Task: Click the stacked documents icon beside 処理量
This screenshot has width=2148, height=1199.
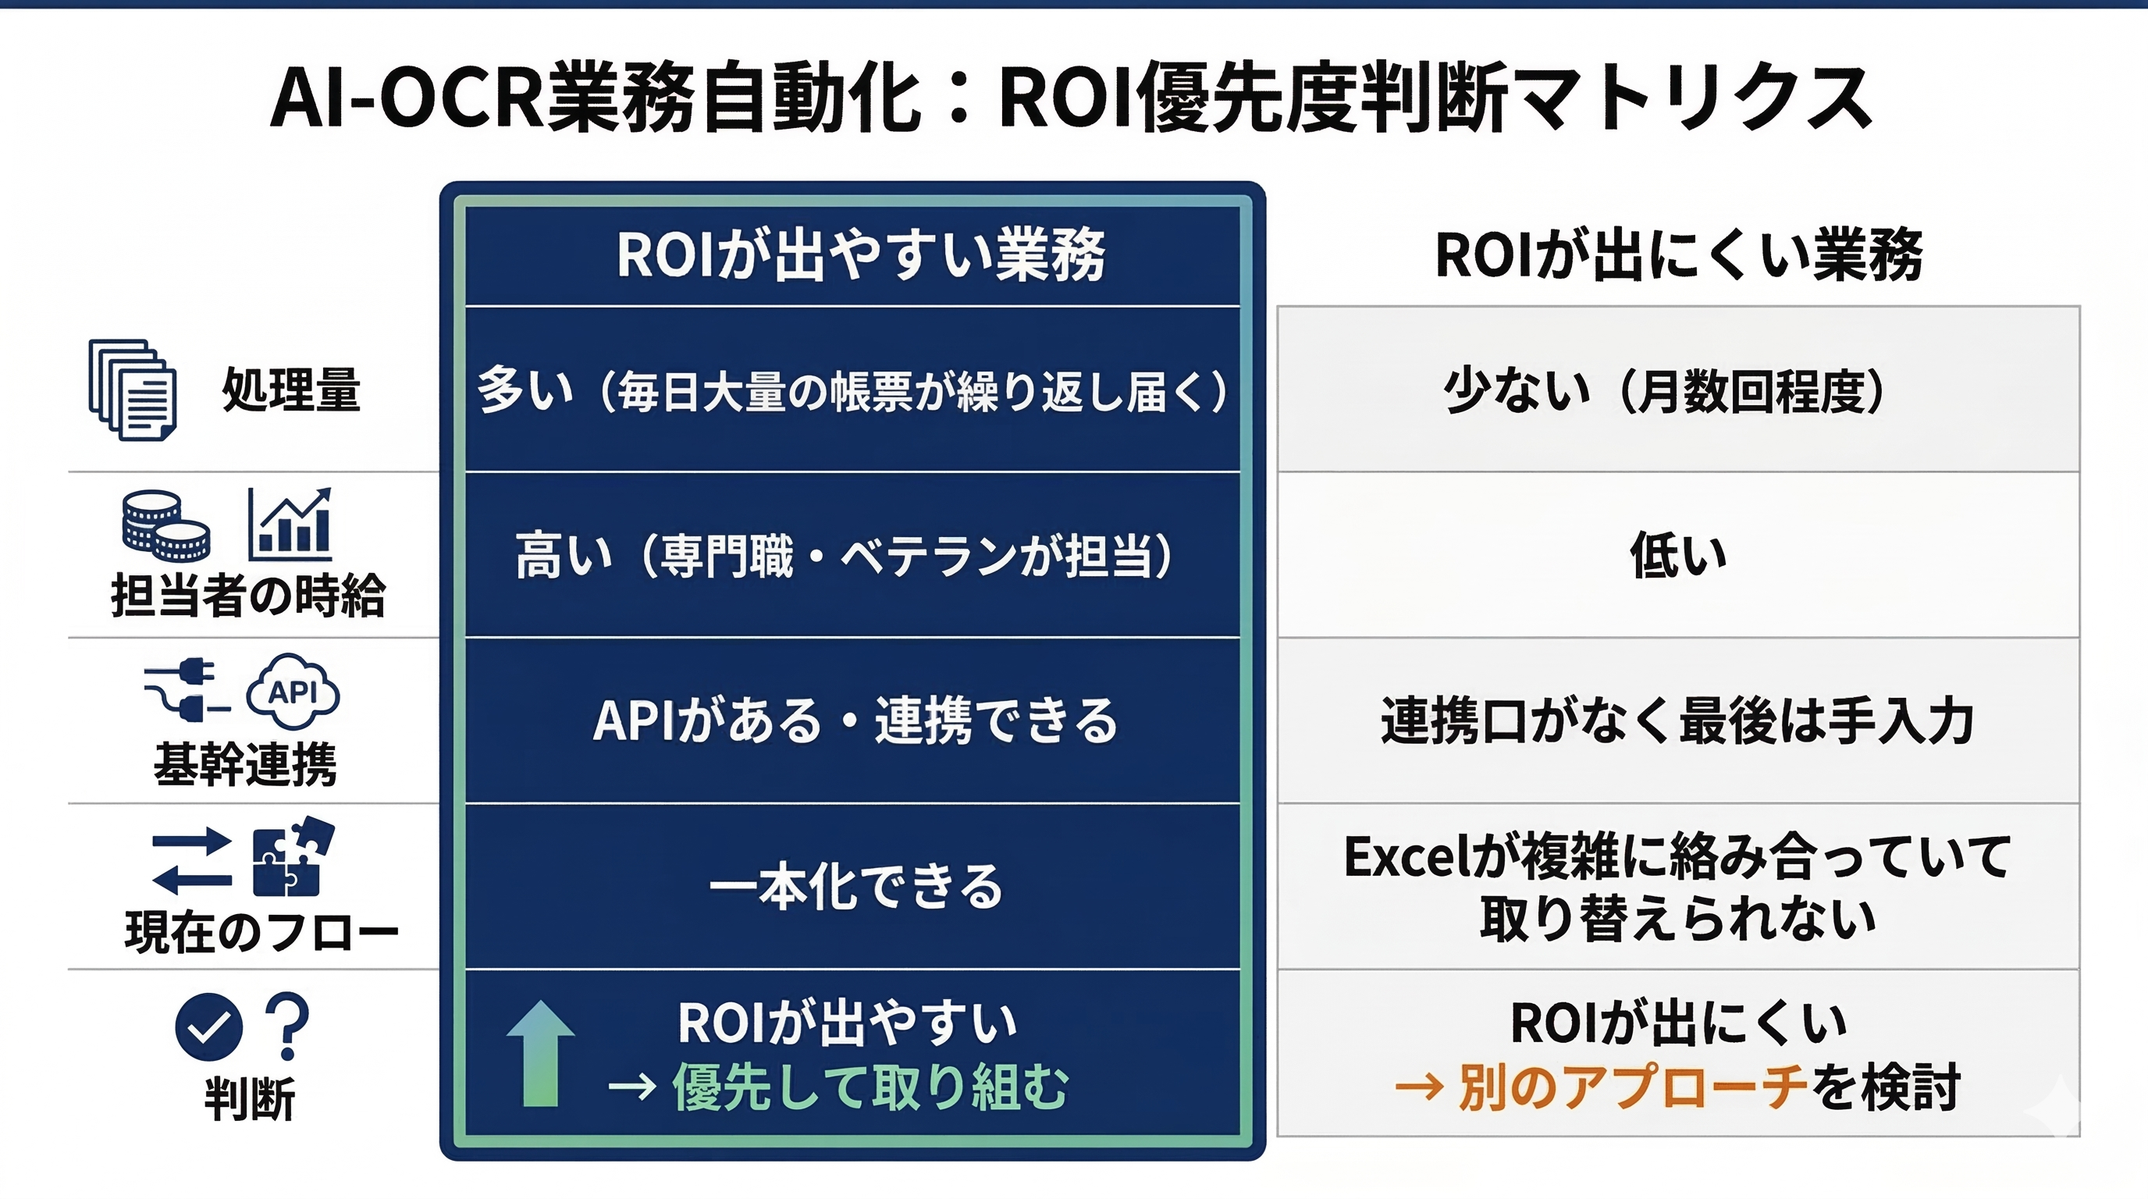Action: tap(133, 390)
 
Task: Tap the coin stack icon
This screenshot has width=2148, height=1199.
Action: tap(166, 525)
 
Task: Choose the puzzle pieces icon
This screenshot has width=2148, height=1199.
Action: tap(293, 856)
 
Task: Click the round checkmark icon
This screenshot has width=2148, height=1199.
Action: tap(208, 1027)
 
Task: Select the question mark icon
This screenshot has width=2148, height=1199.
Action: tap(287, 1026)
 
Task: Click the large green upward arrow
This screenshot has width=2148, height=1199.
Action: tap(540, 1053)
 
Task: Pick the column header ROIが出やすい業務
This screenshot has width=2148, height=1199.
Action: tap(861, 254)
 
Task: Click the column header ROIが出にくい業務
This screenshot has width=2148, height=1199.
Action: tap(1679, 254)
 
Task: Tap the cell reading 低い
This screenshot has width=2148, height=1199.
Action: tap(1679, 555)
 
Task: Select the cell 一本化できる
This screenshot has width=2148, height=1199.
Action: tap(855, 885)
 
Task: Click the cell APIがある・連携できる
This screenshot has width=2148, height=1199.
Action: tap(855, 720)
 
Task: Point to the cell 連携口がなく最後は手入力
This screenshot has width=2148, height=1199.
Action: tap(1677, 720)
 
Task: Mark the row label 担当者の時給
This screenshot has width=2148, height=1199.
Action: tap(248, 596)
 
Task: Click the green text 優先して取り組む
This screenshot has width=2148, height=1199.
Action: tap(870, 1087)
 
